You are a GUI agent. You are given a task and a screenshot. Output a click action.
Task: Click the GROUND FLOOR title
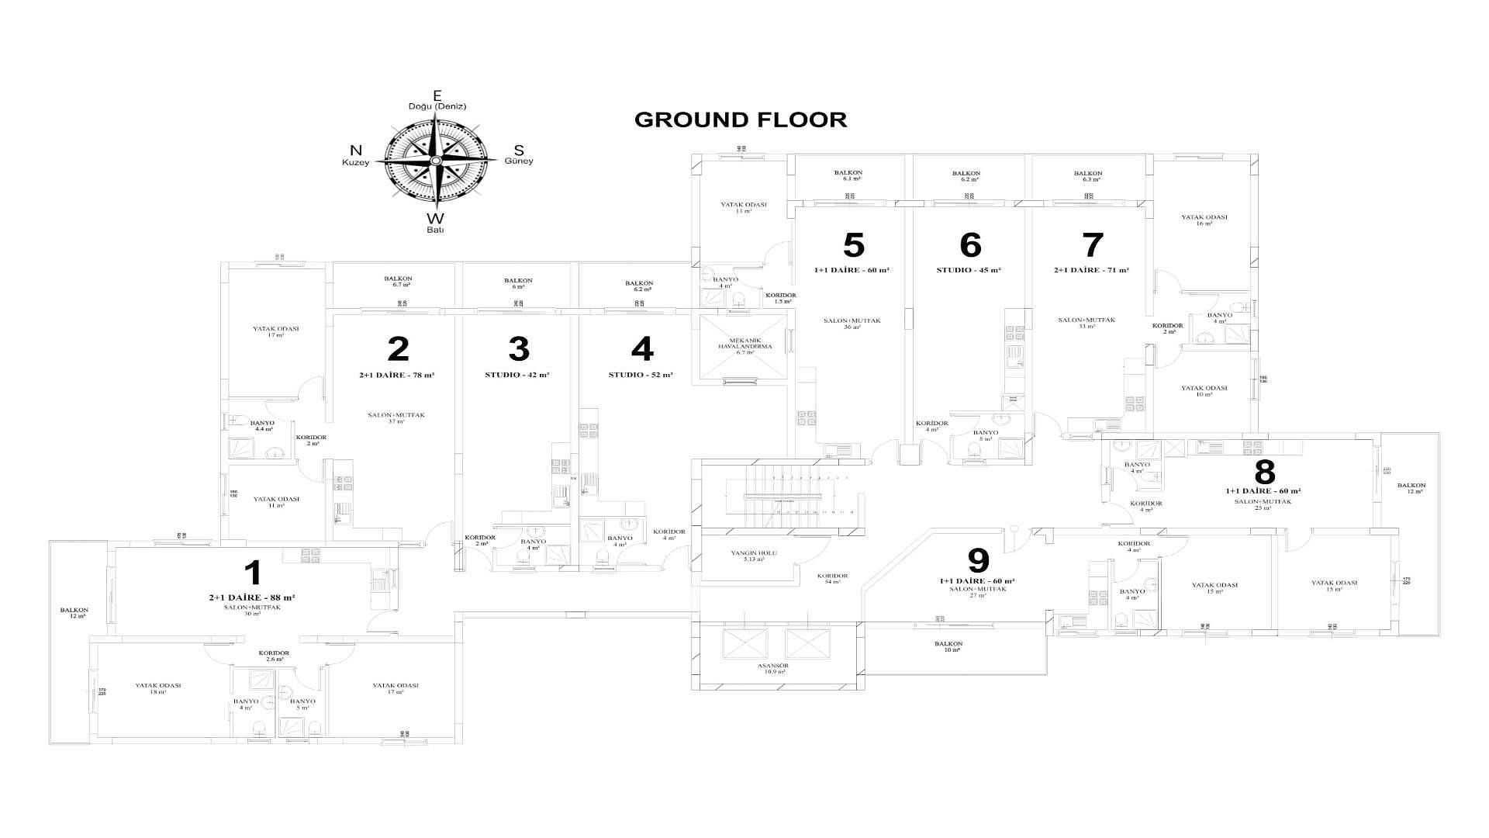(x=741, y=119)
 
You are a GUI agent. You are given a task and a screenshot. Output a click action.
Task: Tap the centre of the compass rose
(x=437, y=161)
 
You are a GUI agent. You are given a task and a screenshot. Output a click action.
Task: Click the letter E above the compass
(x=437, y=95)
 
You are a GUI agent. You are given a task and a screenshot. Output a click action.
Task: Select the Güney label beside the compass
(x=519, y=161)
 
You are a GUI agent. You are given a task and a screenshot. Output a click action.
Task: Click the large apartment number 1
(x=253, y=573)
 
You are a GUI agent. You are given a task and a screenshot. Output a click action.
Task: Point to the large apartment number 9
(x=979, y=560)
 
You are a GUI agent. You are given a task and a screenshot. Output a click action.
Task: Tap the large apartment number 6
(x=970, y=245)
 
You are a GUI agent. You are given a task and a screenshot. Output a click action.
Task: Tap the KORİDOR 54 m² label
(x=832, y=578)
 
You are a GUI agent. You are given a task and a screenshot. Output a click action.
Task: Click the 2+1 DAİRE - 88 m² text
(x=251, y=597)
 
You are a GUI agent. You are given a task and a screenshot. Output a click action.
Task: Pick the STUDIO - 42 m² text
(x=517, y=375)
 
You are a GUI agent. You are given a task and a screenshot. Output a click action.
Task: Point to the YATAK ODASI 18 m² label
(x=158, y=688)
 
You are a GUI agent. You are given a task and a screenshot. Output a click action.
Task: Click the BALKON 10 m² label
(x=948, y=646)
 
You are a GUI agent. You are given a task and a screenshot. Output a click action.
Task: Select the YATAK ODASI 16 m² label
(x=1204, y=220)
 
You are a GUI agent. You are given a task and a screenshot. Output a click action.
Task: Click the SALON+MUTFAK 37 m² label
(x=396, y=417)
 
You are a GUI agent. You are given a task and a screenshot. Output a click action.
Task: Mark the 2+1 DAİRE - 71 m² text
(x=1091, y=270)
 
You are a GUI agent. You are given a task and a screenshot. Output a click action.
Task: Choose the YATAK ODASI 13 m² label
(x=743, y=207)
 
